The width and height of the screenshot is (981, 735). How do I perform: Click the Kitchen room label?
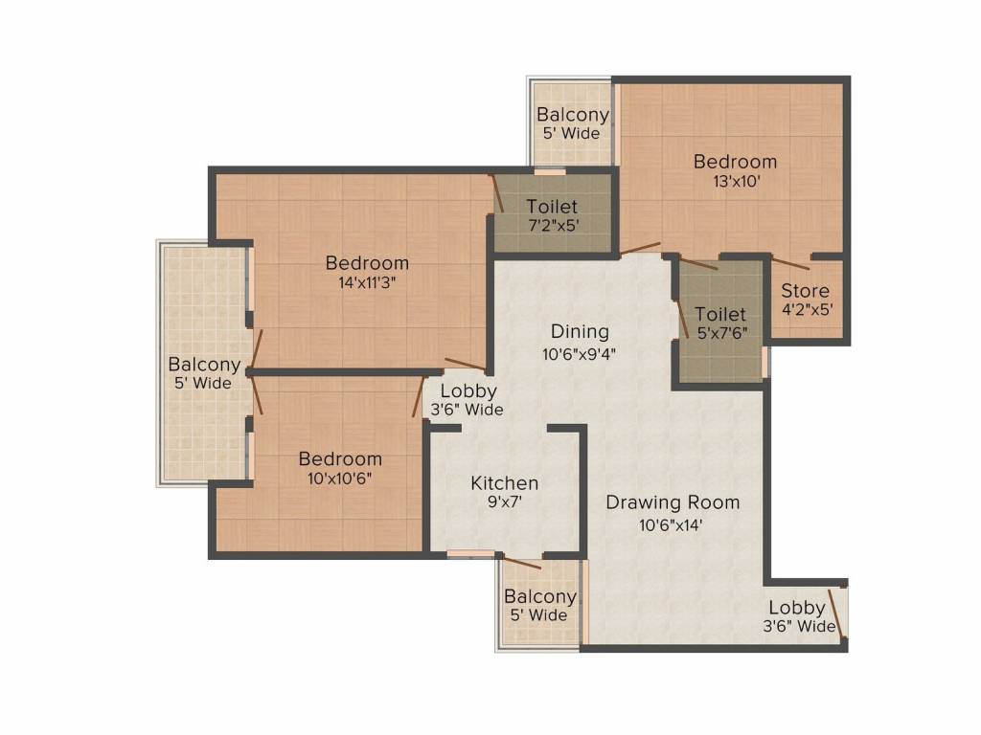point(504,483)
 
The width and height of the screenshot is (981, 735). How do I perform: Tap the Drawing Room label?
point(673,502)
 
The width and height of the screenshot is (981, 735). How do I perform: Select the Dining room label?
point(580,332)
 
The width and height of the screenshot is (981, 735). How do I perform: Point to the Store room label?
point(805,291)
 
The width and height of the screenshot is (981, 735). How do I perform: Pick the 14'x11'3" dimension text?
point(367,282)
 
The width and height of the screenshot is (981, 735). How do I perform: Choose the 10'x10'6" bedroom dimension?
point(340,479)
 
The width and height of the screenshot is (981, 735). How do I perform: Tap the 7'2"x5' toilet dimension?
point(552,226)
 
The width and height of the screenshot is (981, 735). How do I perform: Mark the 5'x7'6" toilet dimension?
point(720,333)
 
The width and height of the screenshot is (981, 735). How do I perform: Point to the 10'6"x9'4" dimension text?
point(580,352)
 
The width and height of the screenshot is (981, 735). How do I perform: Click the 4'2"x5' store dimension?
point(805,310)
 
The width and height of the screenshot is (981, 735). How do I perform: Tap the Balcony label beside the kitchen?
point(540,596)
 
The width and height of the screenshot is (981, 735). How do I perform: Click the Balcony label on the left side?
point(204,365)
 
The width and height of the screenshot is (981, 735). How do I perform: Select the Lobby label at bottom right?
point(796,608)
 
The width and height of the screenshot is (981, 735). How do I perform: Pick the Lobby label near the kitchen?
point(468,390)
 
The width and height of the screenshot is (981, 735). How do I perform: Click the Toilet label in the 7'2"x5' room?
point(552,207)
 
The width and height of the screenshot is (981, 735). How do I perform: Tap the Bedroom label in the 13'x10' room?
point(735,161)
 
